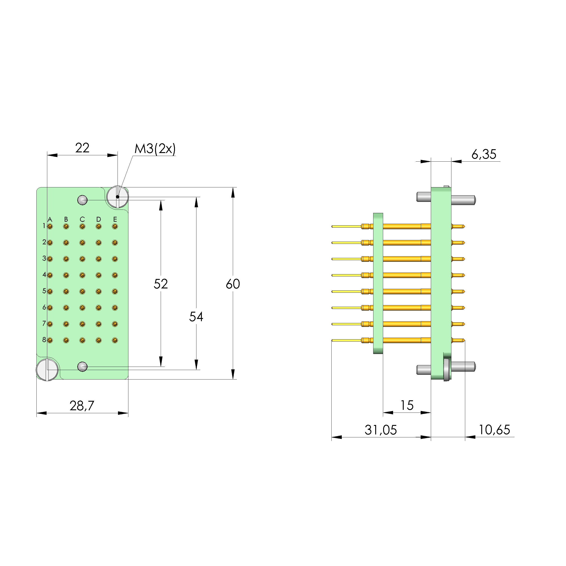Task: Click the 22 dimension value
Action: (82, 148)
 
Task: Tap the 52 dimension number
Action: (160, 284)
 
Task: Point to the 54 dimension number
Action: (196, 317)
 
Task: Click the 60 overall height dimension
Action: (233, 284)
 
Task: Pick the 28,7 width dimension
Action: (82, 406)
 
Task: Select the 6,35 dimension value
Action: (484, 154)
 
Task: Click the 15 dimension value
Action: (407, 406)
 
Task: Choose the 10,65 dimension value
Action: (494, 430)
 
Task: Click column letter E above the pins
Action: (115, 219)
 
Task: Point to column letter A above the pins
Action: (50, 219)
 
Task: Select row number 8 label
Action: (44, 340)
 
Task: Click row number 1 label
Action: (44, 226)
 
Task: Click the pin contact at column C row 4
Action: (82, 275)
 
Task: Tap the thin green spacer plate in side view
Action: (378, 283)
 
